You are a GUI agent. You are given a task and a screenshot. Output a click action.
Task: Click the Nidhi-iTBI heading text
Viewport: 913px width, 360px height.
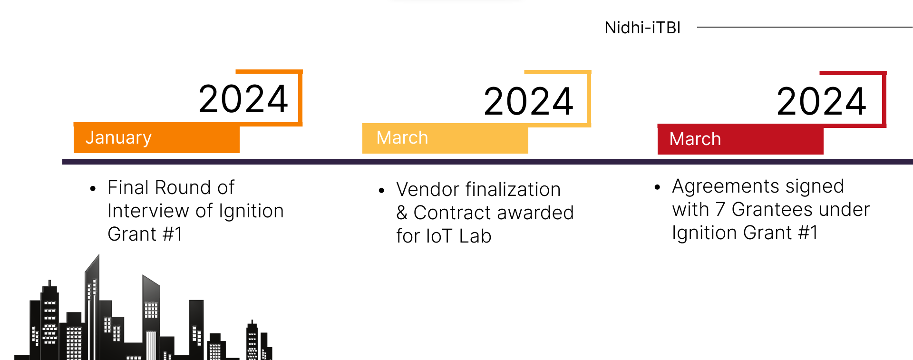(642, 28)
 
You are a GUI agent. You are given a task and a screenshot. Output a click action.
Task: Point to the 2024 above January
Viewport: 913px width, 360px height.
(243, 99)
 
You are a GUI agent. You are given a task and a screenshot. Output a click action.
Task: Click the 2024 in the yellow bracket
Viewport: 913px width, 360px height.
(529, 101)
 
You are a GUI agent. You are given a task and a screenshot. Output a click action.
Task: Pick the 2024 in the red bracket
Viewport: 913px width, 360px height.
(822, 101)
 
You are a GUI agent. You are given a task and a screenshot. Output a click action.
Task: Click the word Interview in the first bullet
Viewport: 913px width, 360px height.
(149, 211)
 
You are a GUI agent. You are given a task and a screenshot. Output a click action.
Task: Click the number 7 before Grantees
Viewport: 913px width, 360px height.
(720, 209)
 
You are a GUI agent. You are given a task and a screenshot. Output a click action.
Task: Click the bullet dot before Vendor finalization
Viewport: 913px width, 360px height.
(381, 191)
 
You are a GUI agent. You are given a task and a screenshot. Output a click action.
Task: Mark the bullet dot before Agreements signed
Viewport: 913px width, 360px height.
(657, 187)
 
